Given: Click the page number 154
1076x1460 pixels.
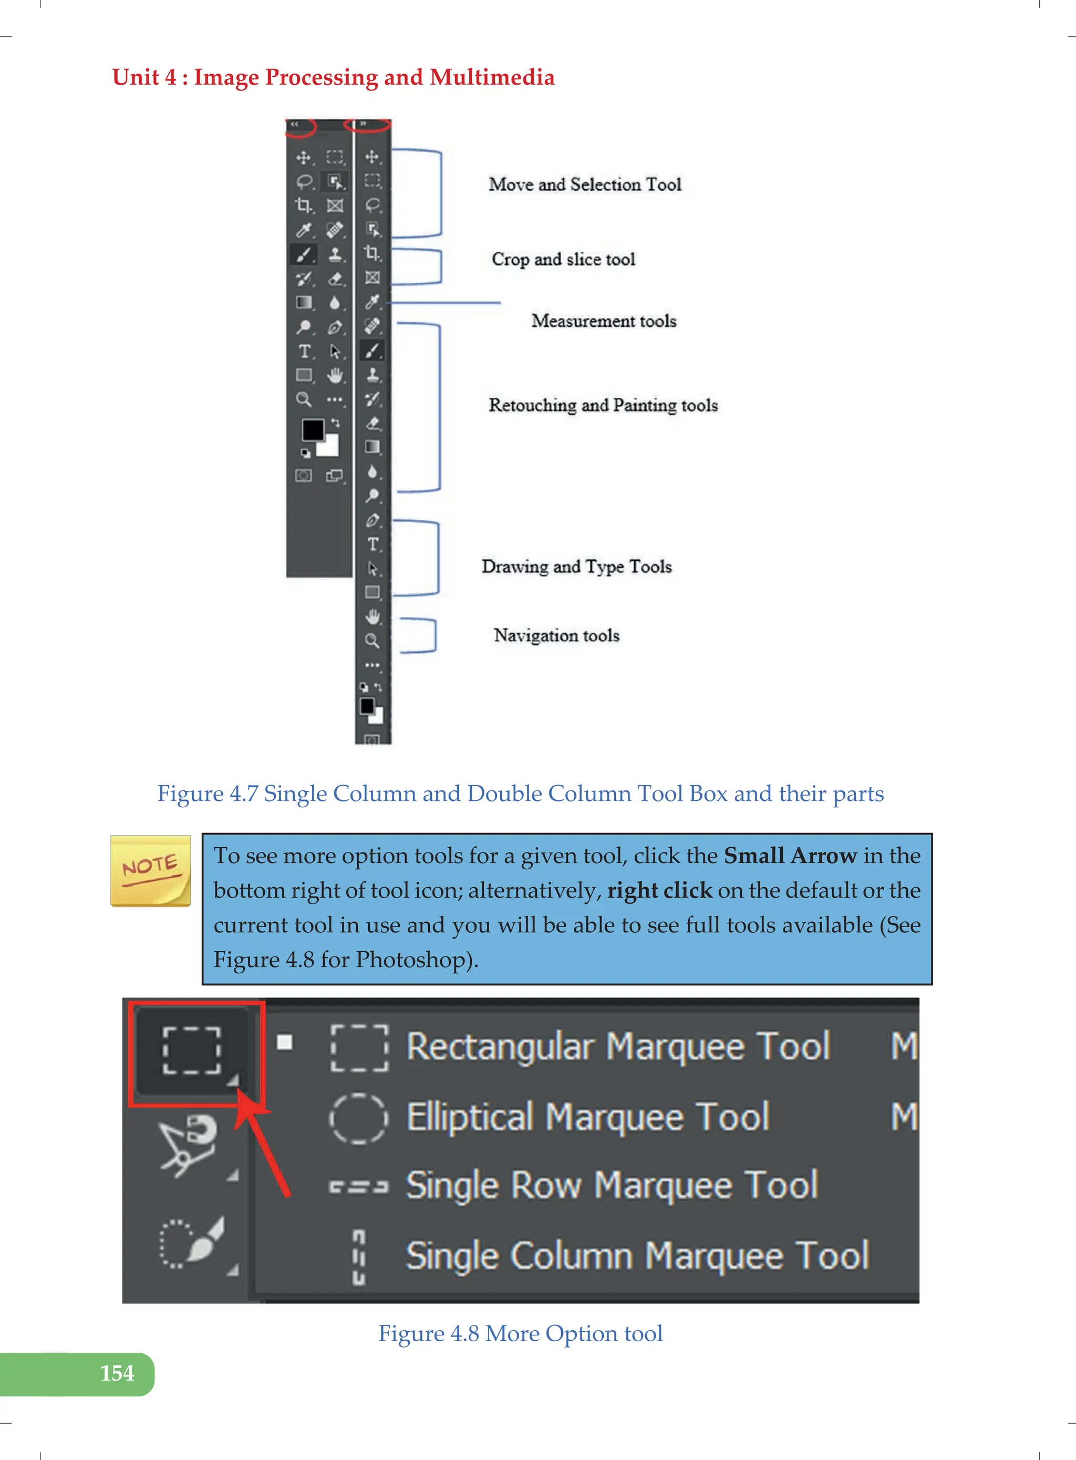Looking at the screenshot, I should pos(117,1373).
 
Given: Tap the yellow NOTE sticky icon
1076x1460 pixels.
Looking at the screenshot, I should pos(150,870).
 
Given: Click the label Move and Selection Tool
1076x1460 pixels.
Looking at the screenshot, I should pos(584,184).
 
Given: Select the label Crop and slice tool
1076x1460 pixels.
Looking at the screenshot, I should pos(563,259).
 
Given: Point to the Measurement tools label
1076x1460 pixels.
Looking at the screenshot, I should pos(603,321).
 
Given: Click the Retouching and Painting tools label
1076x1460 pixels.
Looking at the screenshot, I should pos(603,405).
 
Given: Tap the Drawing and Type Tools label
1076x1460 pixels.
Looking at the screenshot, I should pos(576,566).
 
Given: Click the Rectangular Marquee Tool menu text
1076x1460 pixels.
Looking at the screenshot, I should pos(617,1046).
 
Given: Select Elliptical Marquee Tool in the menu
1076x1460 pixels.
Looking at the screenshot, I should pos(587,1117).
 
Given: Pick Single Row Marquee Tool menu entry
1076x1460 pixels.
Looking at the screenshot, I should pos(612,1185).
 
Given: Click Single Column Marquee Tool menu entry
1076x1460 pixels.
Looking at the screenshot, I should pos(637,1256).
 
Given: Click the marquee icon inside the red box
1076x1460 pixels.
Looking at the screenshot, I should pos(191,1050).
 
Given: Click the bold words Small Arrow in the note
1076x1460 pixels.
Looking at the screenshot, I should pos(790,856).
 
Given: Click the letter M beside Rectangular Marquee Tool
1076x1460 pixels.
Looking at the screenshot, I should pos(903,1046).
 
